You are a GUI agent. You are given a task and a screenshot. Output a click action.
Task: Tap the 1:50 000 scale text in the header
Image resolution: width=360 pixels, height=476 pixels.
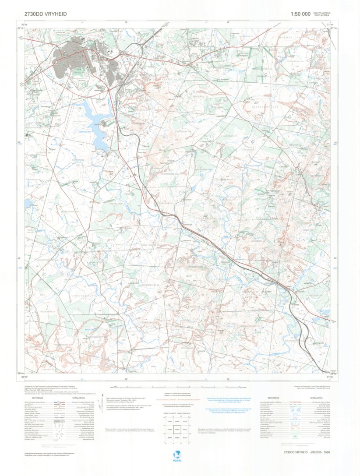pyautogui.click(x=300, y=14)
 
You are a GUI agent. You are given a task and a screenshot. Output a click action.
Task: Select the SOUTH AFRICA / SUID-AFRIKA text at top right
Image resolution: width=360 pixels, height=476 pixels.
pyautogui.click(x=322, y=15)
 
